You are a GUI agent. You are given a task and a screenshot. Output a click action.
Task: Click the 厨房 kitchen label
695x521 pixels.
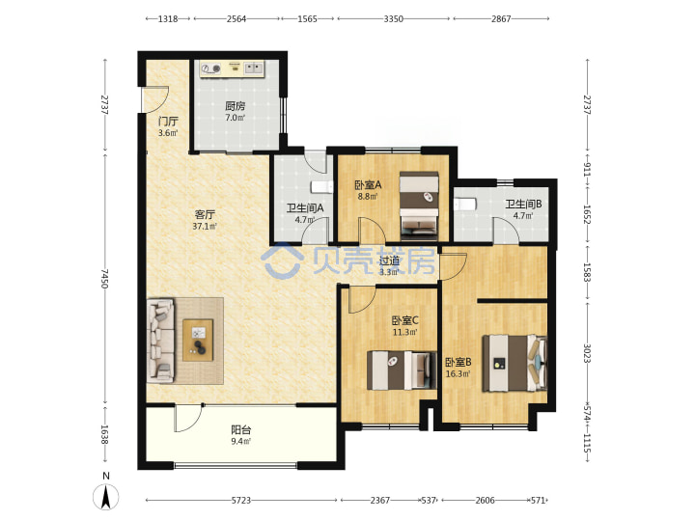(x=235, y=106)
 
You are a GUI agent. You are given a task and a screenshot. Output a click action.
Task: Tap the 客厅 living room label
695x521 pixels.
(x=205, y=215)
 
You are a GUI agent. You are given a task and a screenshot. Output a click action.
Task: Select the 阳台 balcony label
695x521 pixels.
(x=241, y=429)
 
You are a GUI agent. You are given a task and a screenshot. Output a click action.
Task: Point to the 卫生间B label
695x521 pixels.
(x=523, y=205)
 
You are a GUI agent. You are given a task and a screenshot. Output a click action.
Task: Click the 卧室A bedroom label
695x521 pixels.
(x=368, y=184)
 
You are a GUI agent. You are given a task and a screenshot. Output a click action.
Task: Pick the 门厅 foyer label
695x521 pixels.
(x=168, y=121)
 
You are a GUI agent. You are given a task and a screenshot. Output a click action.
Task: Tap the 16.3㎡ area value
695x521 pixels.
(x=458, y=374)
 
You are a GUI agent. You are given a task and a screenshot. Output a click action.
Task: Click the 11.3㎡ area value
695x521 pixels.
(x=404, y=332)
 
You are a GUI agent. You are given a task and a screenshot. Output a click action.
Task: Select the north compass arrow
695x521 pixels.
(x=106, y=497)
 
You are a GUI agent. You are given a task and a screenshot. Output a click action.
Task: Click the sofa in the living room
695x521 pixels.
(x=160, y=341)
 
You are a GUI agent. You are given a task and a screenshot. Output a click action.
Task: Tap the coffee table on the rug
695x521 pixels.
(x=198, y=340)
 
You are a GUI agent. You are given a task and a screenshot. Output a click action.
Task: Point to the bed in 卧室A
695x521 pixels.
(x=419, y=203)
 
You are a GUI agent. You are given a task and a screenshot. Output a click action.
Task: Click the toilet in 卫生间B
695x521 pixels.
(x=464, y=205)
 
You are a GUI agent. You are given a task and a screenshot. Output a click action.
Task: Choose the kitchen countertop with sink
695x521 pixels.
(x=232, y=69)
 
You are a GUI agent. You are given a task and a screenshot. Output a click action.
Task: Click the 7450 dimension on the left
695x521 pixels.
(x=104, y=278)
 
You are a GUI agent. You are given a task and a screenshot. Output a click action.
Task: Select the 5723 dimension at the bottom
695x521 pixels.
(x=241, y=500)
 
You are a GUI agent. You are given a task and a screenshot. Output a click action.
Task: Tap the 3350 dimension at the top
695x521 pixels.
(x=393, y=18)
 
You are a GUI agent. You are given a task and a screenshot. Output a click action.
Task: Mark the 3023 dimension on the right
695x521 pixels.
(x=587, y=353)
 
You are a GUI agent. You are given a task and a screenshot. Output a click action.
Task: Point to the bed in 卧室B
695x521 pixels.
(x=514, y=364)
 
